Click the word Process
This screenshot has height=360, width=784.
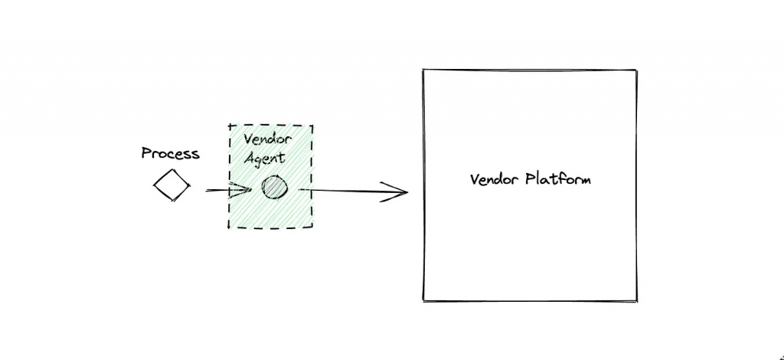pyautogui.click(x=170, y=153)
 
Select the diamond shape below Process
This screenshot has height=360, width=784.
pyautogui.click(x=171, y=185)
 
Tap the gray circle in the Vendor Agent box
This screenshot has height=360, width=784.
pyautogui.click(x=273, y=188)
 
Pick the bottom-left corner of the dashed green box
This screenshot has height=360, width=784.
pyautogui.click(x=228, y=227)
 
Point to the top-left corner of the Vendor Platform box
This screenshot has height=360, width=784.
pyautogui.click(x=423, y=71)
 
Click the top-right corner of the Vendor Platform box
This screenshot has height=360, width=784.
pyautogui.click(x=636, y=71)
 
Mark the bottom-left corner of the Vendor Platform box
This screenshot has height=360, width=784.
pyautogui.click(x=424, y=301)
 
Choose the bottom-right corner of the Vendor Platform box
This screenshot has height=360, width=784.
pyautogui.click(x=636, y=301)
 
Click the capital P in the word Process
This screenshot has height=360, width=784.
pyautogui.click(x=146, y=153)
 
